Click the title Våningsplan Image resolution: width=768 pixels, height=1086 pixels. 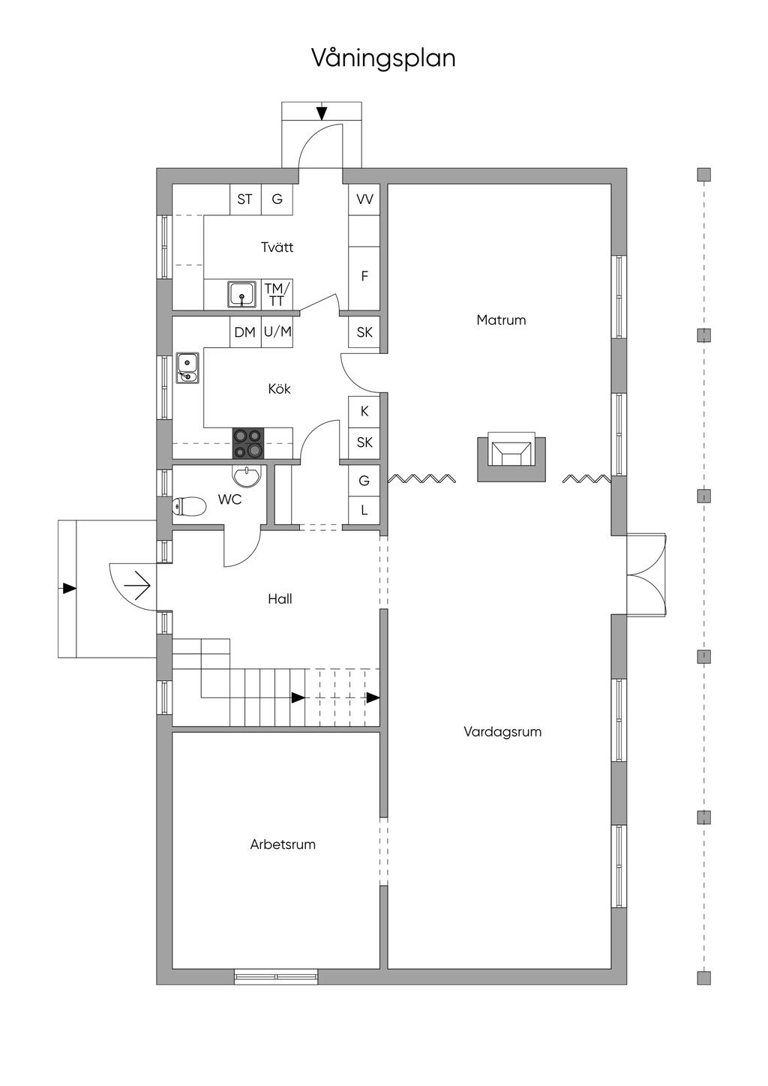coord(383,58)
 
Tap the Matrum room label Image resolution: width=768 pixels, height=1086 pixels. coord(501,320)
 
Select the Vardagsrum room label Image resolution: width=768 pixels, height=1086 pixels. coord(502,732)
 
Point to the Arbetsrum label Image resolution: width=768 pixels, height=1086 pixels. coord(283,844)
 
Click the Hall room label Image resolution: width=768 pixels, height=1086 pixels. coord(280,599)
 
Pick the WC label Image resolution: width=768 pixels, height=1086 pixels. coord(229,499)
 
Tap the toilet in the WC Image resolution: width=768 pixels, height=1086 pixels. coord(189,508)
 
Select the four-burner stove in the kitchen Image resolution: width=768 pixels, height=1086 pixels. coord(248,442)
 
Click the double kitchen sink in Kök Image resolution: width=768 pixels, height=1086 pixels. coord(187,367)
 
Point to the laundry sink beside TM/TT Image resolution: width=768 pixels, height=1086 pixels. coord(242,295)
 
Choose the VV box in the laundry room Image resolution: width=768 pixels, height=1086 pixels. coord(364,199)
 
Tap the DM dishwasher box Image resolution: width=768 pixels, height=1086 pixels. coord(244,332)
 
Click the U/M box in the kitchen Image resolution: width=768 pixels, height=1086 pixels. coord(277,332)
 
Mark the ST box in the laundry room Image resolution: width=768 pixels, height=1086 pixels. coord(244,199)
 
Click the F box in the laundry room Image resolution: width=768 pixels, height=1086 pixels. coord(364,277)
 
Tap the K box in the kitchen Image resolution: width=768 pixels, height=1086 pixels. coord(364,412)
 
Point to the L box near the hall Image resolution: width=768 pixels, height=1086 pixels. coord(364,511)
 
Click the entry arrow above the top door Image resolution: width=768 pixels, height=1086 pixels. coord(322,113)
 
